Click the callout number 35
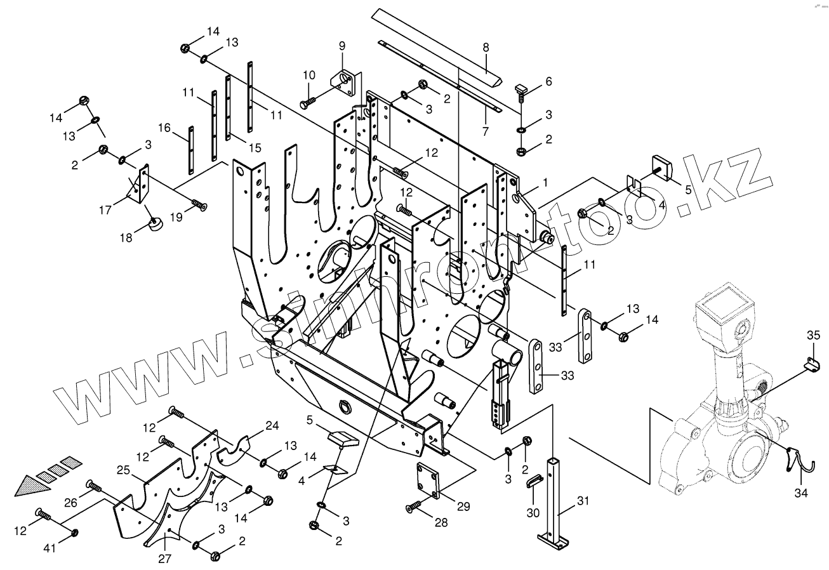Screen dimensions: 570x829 (x=813, y=335)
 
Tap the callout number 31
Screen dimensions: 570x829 (x=583, y=501)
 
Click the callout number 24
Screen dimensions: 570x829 (x=271, y=426)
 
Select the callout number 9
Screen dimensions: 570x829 (x=342, y=46)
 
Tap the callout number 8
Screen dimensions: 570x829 (x=486, y=47)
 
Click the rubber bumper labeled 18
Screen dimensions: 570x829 (x=154, y=224)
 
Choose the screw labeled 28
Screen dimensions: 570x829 (x=413, y=506)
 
